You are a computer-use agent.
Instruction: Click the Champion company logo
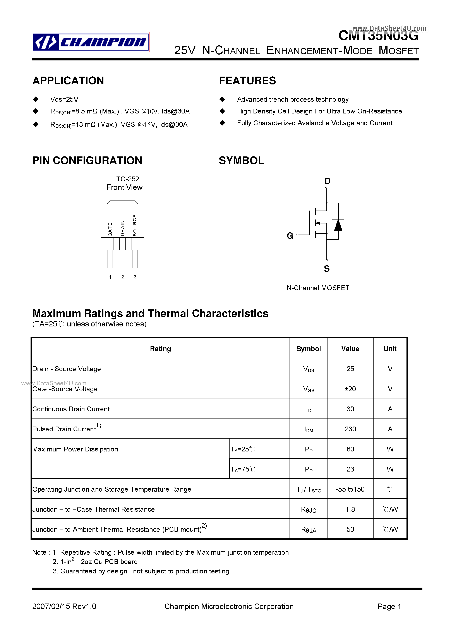pyautogui.click(x=91, y=42)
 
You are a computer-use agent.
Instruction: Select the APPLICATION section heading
pyautogui.click(x=68, y=81)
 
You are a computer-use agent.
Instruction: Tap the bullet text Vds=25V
pyautogui.click(x=64, y=99)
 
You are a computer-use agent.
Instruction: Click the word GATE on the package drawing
pyautogui.click(x=110, y=229)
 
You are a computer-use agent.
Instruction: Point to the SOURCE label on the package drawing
pyautogui.click(x=135, y=225)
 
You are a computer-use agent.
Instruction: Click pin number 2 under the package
pyautogui.click(x=123, y=277)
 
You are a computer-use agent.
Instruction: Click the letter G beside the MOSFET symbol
pyautogui.click(x=290, y=236)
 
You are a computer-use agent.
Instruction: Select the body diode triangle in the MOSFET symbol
pyautogui.click(x=338, y=226)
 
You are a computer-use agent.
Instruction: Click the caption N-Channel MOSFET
pyautogui.click(x=318, y=288)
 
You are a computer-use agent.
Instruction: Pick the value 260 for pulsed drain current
pyautogui.click(x=350, y=429)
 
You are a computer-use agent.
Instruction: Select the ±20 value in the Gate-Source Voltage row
pyautogui.click(x=350, y=389)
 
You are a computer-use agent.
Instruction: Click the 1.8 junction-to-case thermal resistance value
pyautogui.click(x=350, y=509)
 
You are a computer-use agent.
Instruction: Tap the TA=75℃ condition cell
pyautogui.click(x=243, y=469)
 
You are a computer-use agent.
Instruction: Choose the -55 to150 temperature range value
pyautogui.click(x=350, y=489)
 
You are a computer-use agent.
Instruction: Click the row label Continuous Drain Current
pyautogui.click(x=71, y=409)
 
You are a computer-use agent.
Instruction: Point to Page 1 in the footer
pyautogui.click(x=389, y=606)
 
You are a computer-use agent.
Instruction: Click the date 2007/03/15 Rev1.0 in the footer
pyautogui.click(x=64, y=606)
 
